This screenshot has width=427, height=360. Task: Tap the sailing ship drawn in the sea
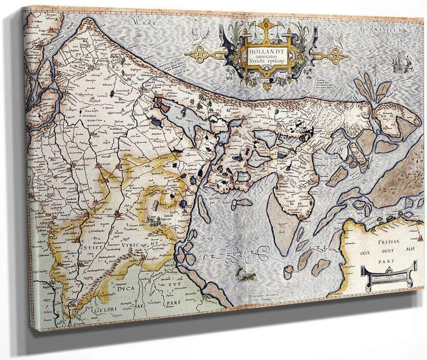coord(399,63)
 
